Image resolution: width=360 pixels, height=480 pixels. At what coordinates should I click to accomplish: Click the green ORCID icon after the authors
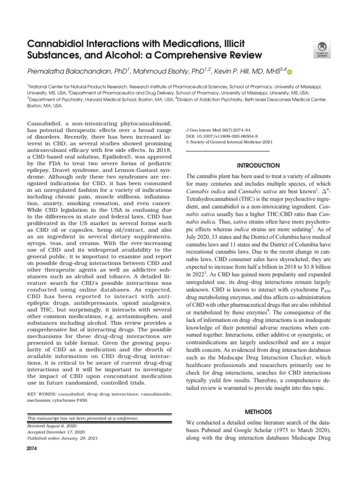coord(289,72)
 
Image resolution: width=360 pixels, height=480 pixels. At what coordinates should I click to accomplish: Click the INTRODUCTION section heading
coord(258,165)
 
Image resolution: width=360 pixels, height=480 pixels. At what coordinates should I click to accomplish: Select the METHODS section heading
coord(258,412)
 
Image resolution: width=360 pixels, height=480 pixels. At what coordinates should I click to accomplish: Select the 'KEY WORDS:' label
coord(41,394)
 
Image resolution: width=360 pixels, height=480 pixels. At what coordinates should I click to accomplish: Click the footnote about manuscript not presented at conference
coord(86,418)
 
